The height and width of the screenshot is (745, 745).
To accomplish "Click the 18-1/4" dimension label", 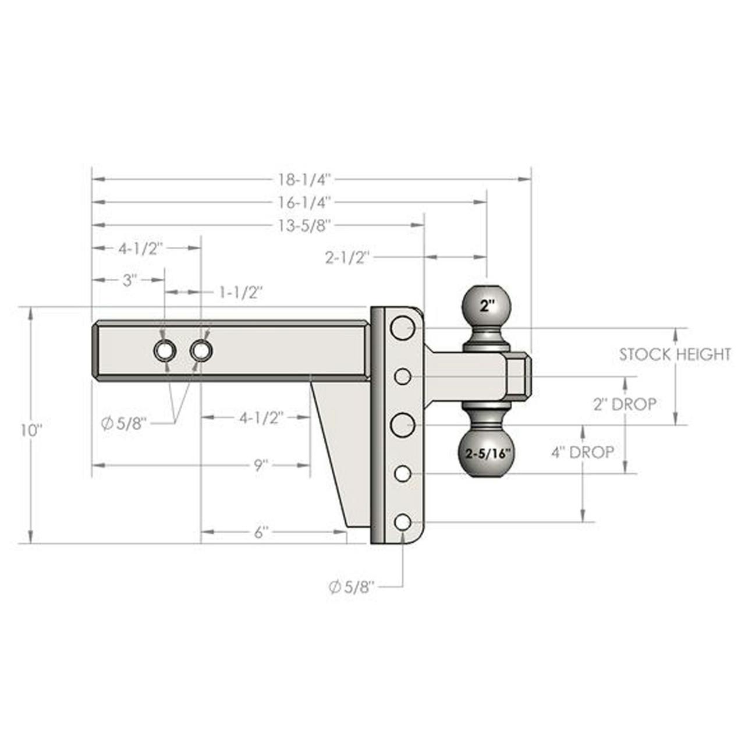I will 304,179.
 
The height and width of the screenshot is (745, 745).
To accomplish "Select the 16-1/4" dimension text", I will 304,202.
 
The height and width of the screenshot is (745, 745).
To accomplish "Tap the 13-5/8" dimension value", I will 304,225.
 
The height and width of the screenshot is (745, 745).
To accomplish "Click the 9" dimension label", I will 260,465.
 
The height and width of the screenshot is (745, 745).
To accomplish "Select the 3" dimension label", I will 129,280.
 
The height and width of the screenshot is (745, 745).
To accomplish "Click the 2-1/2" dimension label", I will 347,257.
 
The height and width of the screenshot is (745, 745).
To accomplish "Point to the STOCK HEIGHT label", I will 675,354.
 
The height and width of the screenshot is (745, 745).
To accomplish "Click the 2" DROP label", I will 625,404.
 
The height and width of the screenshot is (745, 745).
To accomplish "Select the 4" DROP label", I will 583,452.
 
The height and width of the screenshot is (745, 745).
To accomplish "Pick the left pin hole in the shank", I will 165,350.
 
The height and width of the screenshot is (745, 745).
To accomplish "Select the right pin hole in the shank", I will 201,350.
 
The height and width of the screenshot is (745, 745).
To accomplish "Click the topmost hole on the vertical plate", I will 402,328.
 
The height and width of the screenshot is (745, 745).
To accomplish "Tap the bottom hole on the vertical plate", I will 402,522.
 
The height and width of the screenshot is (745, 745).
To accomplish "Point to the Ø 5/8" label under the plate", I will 352,587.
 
